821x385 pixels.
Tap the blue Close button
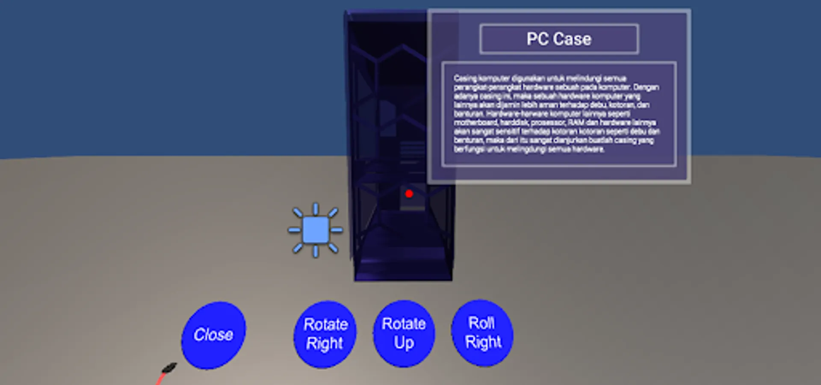click(x=213, y=335)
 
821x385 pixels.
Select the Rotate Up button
click(x=404, y=334)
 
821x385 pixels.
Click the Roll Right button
click(x=482, y=333)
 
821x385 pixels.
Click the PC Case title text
click(x=559, y=39)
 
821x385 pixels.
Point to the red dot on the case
click(x=409, y=194)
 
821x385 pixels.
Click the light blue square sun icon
click(x=316, y=230)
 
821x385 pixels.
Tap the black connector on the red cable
click(x=169, y=368)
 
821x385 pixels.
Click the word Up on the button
click(x=404, y=343)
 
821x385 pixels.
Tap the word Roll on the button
click(x=481, y=323)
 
